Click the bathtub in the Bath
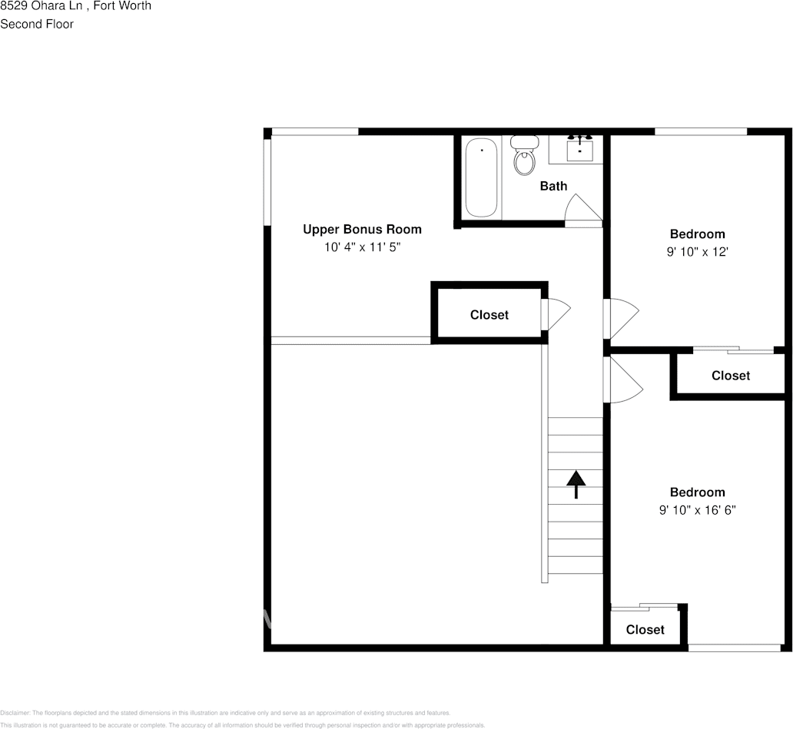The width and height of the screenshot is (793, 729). [x=482, y=178]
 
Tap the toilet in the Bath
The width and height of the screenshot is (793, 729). [x=525, y=157]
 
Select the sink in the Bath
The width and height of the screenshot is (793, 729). [x=579, y=149]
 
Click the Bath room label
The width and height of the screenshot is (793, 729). [x=553, y=186]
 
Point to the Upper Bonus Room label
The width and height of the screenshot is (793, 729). [x=362, y=229]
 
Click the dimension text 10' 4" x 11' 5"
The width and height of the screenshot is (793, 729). [x=362, y=247]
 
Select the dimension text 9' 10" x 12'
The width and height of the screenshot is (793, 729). [x=697, y=251]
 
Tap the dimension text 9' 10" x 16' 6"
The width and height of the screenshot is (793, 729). [x=697, y=510]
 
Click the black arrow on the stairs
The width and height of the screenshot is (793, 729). [x=576, y=485]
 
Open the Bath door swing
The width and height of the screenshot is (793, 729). [x=582, y=210]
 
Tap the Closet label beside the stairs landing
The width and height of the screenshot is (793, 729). [x=489, y=315]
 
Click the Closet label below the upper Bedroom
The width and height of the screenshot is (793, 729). [x=730, y=376]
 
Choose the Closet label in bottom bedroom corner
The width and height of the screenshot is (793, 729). [x=645, y=630]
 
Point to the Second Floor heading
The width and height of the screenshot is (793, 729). [x=37, y=24]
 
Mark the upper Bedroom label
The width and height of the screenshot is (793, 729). [x=697, y=234]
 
